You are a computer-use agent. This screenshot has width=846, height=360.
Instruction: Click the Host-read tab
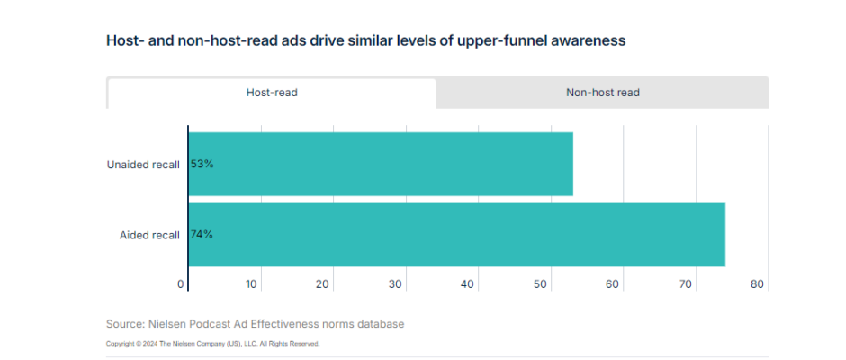coord(272,93)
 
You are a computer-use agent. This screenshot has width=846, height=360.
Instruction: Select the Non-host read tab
coord(602,93)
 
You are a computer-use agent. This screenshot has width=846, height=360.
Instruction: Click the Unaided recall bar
coord(381,164)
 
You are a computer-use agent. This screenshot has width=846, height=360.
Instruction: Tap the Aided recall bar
coord(456,235)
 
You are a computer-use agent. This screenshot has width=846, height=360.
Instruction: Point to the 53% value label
coord(202,164)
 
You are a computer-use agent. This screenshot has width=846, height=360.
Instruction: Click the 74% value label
coord(202,235)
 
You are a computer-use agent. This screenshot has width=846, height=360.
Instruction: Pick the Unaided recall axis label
coord(143,164)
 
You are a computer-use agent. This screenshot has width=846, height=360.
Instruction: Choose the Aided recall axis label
coord(149,235)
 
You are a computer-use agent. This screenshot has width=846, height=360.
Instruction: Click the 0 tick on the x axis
coord(181,284)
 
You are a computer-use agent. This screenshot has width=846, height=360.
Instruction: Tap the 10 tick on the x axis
coord(252,284)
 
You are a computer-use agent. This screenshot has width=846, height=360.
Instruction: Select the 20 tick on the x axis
coord(324,284)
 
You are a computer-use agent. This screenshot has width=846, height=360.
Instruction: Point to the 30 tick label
coord(396,284)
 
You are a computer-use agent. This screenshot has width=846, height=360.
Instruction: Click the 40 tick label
coord(468,284)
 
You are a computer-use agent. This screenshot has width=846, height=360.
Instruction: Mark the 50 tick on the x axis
coord(541,284)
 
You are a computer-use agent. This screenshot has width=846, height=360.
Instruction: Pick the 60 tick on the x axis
coord(613,284)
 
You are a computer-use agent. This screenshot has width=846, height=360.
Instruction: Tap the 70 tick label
coord(685,284)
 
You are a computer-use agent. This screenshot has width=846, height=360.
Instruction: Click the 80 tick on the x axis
coord(757,284)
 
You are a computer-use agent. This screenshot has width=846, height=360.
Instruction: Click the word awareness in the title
coord(589,41)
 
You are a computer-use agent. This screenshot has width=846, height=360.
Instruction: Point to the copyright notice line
coord(212,343)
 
